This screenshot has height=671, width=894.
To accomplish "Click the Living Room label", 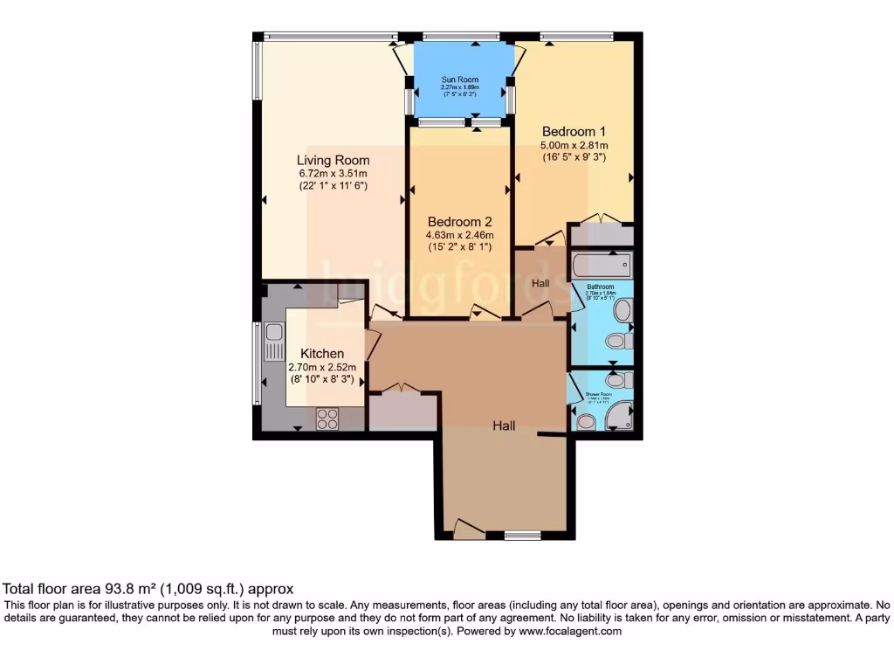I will (333, 160).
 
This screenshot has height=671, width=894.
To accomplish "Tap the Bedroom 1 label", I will (574, 132).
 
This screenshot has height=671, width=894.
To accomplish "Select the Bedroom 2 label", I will (460, 222).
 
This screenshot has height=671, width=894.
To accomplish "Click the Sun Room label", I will (459, 79).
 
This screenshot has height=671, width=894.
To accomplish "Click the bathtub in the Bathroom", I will (602, 265).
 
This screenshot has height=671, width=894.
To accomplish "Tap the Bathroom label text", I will (600, 287).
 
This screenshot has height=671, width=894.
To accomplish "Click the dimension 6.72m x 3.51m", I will (333, 173).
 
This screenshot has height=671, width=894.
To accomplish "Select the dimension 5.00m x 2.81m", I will (574, 145).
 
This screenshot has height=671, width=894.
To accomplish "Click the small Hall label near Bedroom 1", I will (541, 282).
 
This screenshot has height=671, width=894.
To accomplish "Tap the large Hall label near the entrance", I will (503, 425).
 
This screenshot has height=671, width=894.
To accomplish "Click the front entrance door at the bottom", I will (469, 527).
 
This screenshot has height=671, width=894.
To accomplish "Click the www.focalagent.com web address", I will (565, 630).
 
